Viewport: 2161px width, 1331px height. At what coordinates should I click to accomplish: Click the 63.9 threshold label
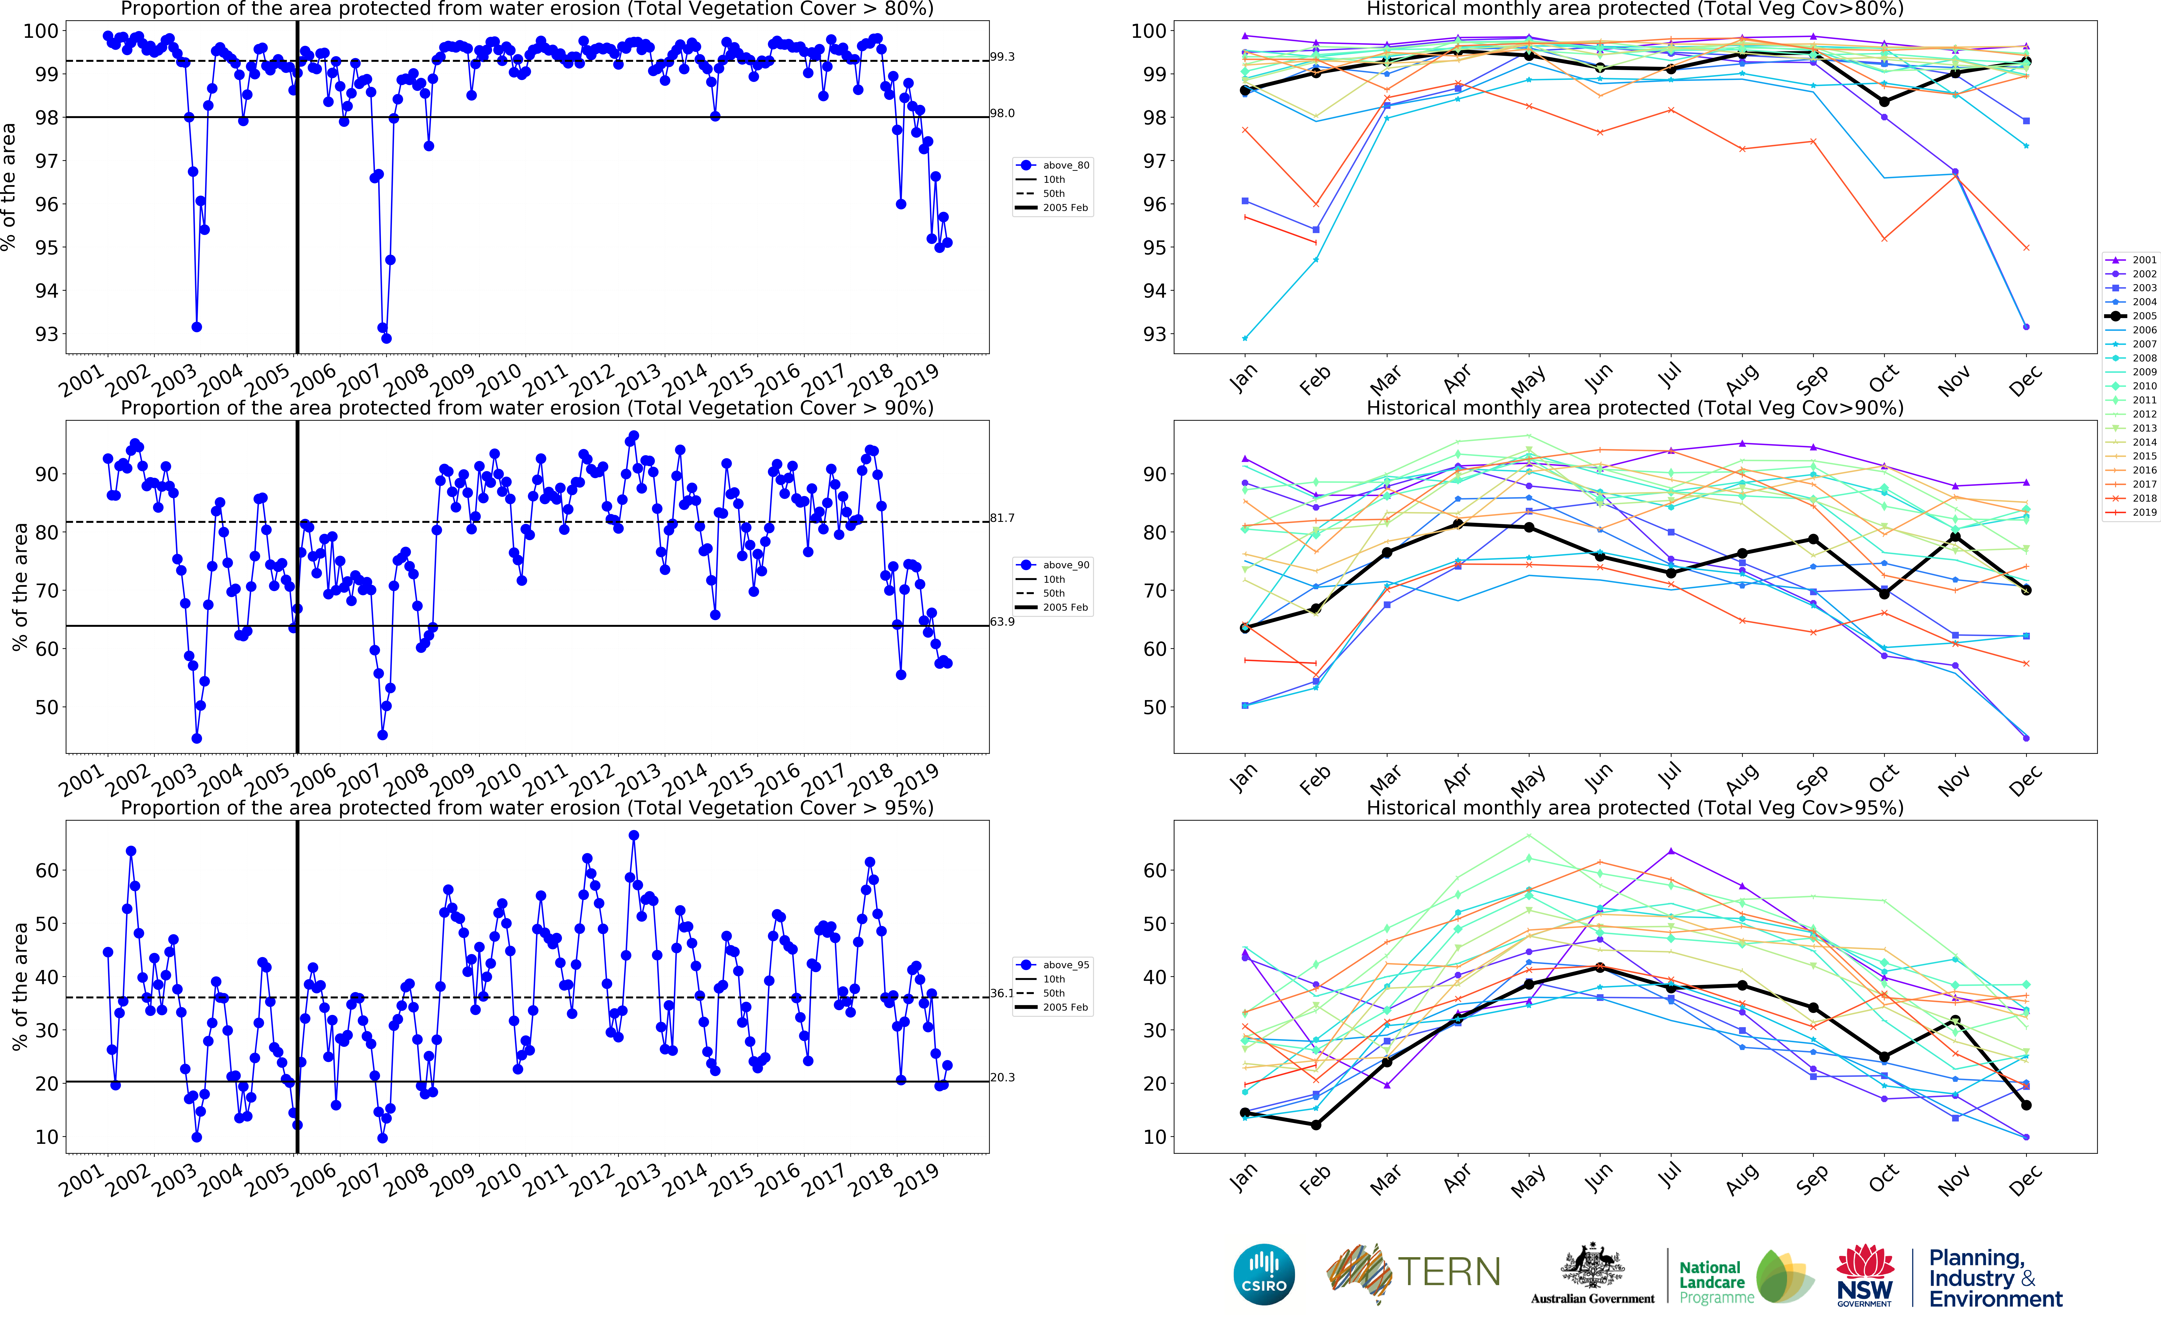(1002, 621)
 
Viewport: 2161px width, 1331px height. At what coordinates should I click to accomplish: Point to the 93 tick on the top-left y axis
(46, 334)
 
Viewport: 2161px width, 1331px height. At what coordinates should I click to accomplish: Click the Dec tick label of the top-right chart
(2025, 381)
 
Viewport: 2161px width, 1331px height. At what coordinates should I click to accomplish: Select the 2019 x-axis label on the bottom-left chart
(917, 1180)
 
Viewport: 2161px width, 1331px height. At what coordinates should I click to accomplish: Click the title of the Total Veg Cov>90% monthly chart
(1635, 408)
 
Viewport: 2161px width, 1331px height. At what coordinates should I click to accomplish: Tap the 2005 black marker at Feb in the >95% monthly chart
(1316, 1125)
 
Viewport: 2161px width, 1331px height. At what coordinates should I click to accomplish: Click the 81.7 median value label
(1002, 518)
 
